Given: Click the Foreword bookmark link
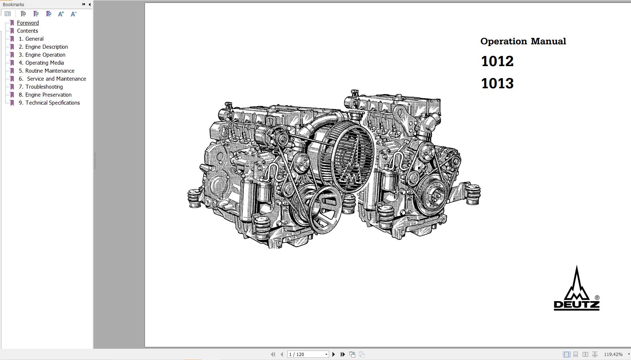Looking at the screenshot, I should tap(28, 23).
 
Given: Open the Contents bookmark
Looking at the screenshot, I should tap(27, 31).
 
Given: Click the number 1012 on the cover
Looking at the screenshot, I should tap(497, 61).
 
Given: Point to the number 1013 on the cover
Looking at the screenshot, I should tap(497, 84).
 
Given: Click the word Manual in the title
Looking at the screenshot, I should tap(548, 41).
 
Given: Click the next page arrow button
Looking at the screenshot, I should tap(333, 354).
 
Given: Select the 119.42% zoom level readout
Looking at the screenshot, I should tap(613, 354).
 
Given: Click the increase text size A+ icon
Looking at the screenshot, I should tap(61, 14).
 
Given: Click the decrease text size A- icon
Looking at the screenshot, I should tap(73, 14).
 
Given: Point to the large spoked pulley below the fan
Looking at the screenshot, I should tap(325, 210).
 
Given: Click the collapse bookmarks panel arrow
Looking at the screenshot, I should tap(90, 4).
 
